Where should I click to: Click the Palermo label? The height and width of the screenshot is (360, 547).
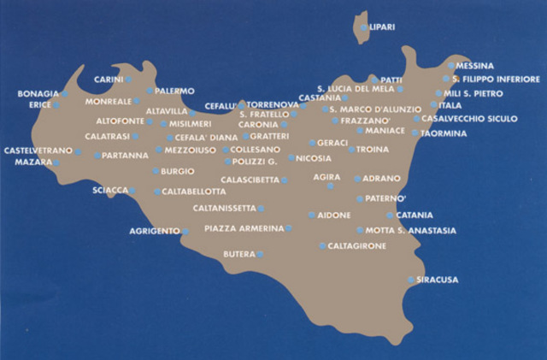tap(176, 91)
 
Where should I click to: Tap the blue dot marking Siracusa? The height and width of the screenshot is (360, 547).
tap(411, 280)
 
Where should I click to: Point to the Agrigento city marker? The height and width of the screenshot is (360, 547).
tap(185, 231)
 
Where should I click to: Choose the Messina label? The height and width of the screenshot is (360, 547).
tap(475, 66)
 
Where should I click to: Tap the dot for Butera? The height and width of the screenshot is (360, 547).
tap(260, 254)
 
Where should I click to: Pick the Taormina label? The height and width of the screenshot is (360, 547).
tap(444, 133)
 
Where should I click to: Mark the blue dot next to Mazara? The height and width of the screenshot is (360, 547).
tap(56, 162)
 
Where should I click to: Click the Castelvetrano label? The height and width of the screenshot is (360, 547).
tap(38, 150)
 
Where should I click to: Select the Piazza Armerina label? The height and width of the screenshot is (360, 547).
tap(244, 228)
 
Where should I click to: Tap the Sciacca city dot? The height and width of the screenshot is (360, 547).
tap(132, 190)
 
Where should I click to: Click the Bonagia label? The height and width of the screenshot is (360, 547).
tap(38, 93)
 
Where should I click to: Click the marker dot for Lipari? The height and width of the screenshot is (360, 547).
tap(364, 27)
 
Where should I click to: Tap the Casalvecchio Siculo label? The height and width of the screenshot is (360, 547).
tap(470, 118)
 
